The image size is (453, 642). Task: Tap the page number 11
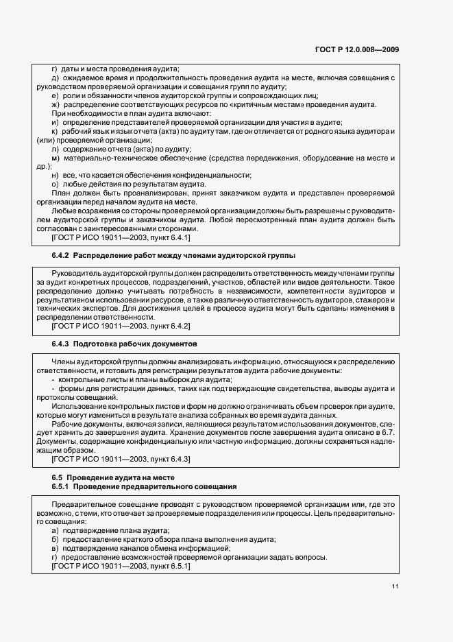[395, 586]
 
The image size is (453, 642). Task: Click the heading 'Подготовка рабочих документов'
[135, 342]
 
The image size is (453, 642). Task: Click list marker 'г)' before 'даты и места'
[56, 69]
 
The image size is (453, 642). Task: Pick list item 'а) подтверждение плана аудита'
[110, 531]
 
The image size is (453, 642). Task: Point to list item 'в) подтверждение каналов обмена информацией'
[140, 549]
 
